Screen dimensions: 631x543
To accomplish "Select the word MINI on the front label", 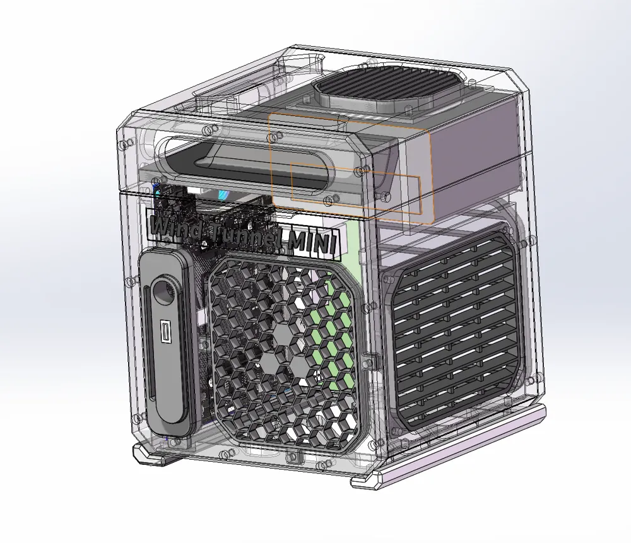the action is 313,242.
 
